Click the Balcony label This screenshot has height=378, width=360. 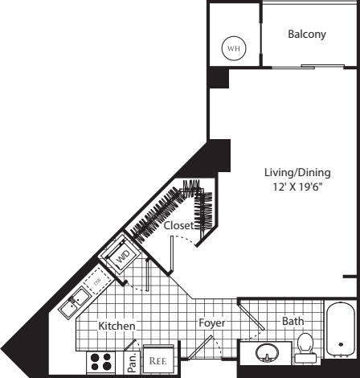click(x=307, y=35)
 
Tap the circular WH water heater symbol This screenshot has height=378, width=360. click(x=234, y=48)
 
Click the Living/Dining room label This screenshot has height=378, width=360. click(x=297, y=172)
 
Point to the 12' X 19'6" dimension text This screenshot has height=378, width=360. click(x=297, y=187)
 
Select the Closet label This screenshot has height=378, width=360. click(x=178, y=226)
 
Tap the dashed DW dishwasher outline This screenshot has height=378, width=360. click(x=98, y=281)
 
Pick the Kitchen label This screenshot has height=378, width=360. click(x=117, y=326)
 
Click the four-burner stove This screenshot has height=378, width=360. click(x=100, y=362)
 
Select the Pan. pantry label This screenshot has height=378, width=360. click(x=132, y=363)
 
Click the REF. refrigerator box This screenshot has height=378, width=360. click(x=158, y=359)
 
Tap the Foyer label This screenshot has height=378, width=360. click(x=211, y=323)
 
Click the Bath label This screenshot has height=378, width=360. click(x=293, y=321)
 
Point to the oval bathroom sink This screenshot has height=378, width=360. click(x=267, y=353)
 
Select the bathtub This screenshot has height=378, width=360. click(x=341, y=330)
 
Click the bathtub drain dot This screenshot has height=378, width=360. click(x=341, y=345)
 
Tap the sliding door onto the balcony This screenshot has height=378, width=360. click(x=308, y=67)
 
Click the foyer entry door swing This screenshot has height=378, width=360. click(x=204, y=347)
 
